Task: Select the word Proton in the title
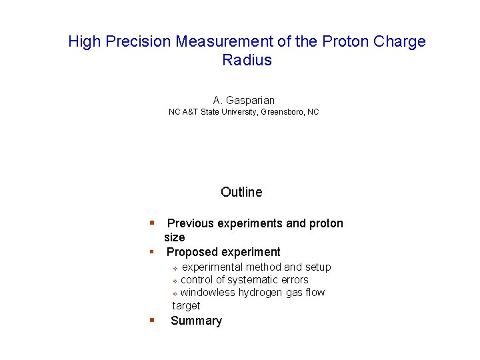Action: click(343, 41)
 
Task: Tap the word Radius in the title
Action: click(247, 60)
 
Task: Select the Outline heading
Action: click(241, 192)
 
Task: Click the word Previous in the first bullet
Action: click(191, 223)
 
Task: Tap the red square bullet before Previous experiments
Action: click(153, 223)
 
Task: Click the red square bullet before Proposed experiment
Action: click(153, 251)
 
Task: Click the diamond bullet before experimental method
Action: click(175, 268)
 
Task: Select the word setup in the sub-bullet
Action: click(318, 267)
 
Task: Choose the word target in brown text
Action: click(186, 305)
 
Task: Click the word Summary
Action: click(196, 321)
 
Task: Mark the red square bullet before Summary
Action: click(153, 320)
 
